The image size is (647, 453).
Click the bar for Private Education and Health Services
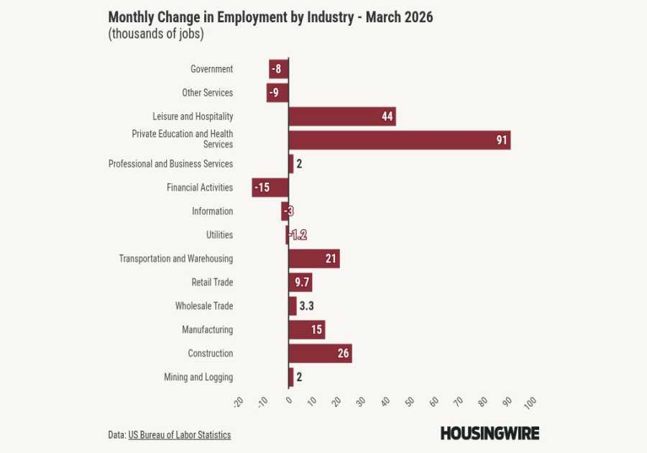[399, 140]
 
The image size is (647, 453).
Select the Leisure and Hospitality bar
[341, 116]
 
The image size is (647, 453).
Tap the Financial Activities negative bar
[270, 188]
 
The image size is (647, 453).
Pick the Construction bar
[320, 354]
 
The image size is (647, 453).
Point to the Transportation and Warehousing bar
[313, 259]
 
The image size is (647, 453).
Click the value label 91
[502, 140]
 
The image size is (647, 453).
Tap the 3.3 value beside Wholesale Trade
[306, 306]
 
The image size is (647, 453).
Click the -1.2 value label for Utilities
[298, 235]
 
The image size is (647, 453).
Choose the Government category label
[211, 69]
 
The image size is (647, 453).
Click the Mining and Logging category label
[198, 377]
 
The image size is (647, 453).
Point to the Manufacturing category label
[207, 330]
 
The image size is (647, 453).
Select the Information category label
[212, 211]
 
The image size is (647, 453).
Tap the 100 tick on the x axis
[530, 402]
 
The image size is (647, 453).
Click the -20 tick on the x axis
[239, 402]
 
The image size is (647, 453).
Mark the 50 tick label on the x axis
[410, 402]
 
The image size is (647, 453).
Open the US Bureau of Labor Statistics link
[180, 435]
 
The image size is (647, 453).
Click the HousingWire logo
[490, 433]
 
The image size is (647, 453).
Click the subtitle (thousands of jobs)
[156, 34]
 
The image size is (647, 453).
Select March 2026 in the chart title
[399, 17]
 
